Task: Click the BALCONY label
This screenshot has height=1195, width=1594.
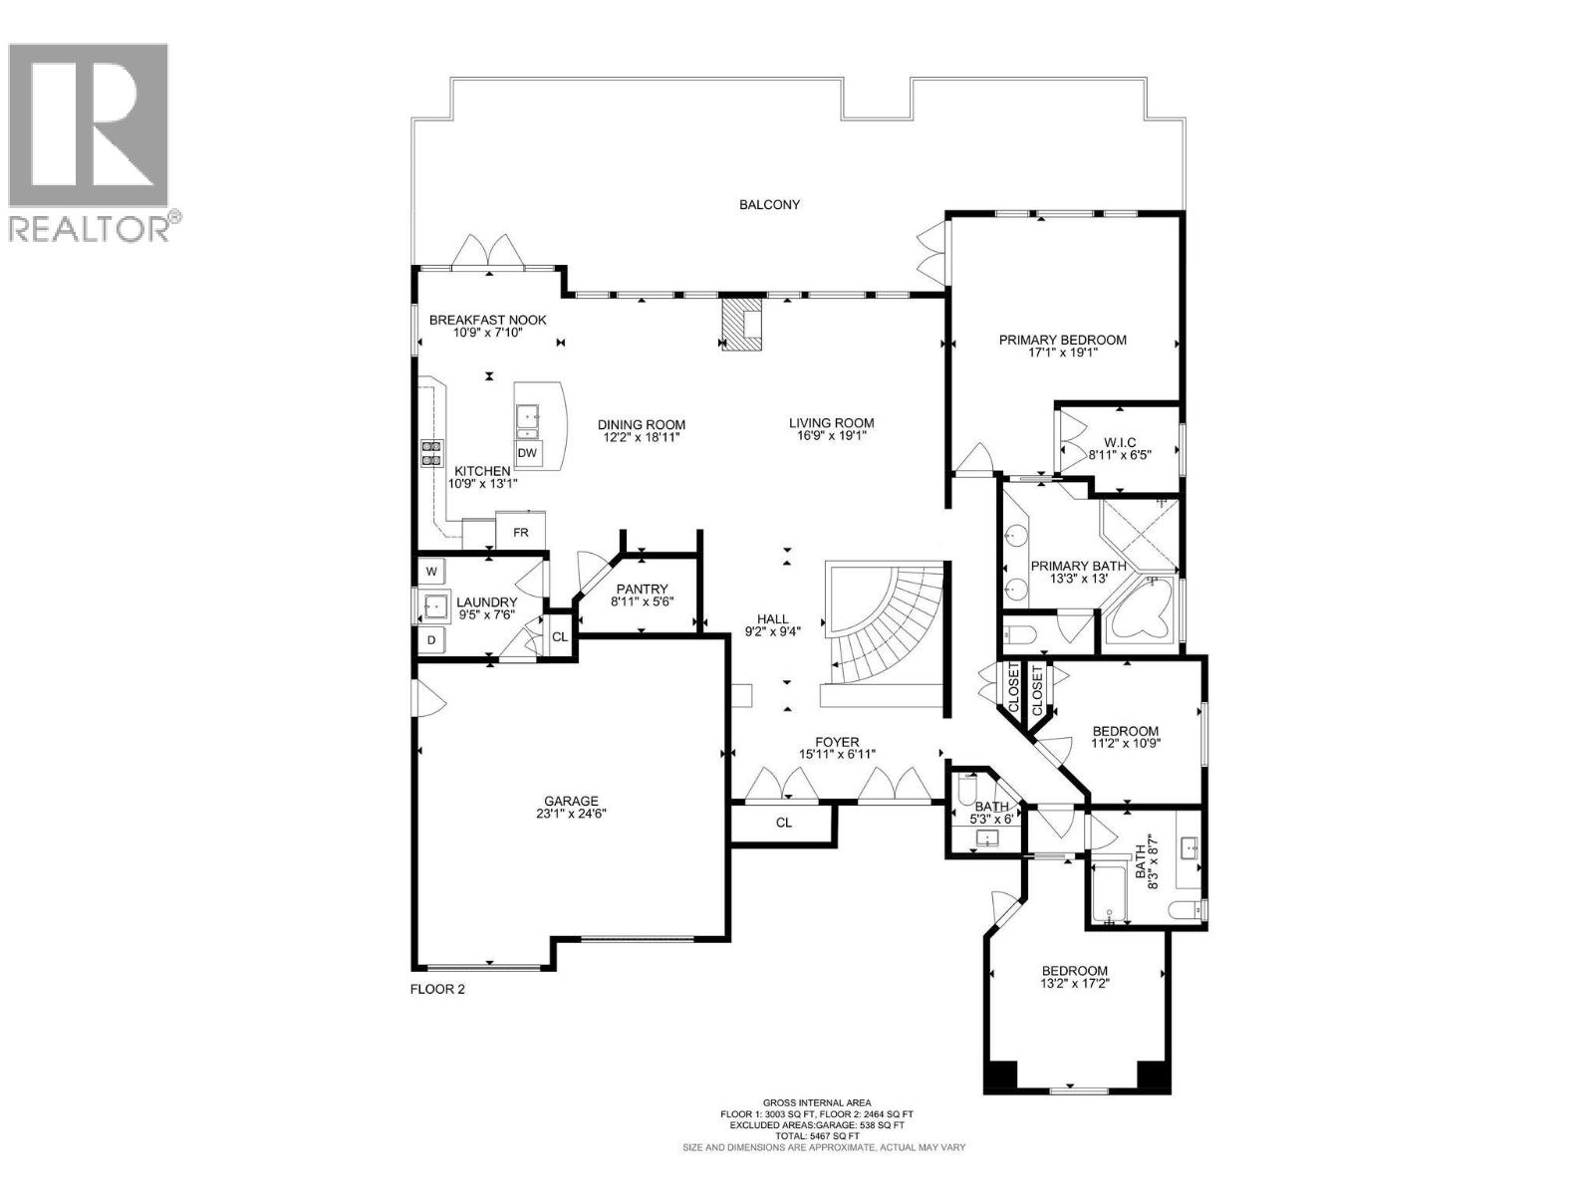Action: [769, 205]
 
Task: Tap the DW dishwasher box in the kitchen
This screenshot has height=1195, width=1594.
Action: [528, 453]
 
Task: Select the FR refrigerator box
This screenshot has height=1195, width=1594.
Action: [520, 532]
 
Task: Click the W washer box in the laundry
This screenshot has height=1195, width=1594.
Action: [431, 572]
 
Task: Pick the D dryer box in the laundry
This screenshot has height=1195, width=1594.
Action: [431, 639]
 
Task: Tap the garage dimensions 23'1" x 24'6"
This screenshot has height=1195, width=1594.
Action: [571, 814]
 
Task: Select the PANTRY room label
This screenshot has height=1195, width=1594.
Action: [642, 590]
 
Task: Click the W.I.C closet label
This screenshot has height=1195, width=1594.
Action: [1120, 442]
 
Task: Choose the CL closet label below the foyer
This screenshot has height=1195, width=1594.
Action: [784, 823]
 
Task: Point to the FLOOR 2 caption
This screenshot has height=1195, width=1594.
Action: [437, 990]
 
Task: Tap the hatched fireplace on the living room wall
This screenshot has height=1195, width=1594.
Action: [741, 323]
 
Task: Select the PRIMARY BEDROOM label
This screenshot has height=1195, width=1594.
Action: [1063, 340]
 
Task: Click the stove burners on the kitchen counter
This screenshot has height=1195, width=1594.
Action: [431, 453]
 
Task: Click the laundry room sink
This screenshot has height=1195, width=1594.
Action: [434, 604]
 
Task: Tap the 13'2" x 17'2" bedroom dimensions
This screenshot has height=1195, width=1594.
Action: [1075, 983]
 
